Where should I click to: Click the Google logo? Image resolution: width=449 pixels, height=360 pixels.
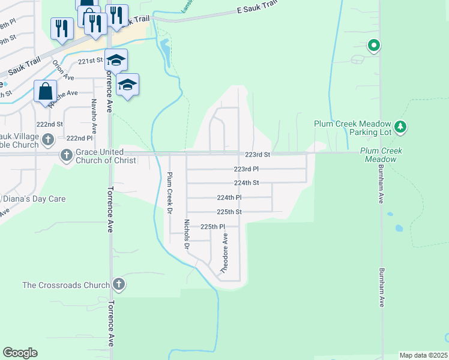pos(20,353)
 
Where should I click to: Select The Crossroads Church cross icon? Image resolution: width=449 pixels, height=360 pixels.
pos(119,285)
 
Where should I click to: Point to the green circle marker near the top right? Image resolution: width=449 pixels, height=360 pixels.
pos(373,45)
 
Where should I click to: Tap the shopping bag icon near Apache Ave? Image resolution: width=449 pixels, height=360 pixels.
pos(45,92)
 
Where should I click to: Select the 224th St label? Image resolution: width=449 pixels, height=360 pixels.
pos(246,183)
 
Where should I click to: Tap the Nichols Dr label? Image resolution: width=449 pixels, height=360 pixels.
pos(187,234)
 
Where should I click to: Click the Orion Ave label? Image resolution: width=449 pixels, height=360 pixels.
pos(62,70)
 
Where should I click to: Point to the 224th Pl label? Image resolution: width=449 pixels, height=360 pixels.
pos(229,197)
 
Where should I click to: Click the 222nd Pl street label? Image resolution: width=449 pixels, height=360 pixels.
pos(79,138)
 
